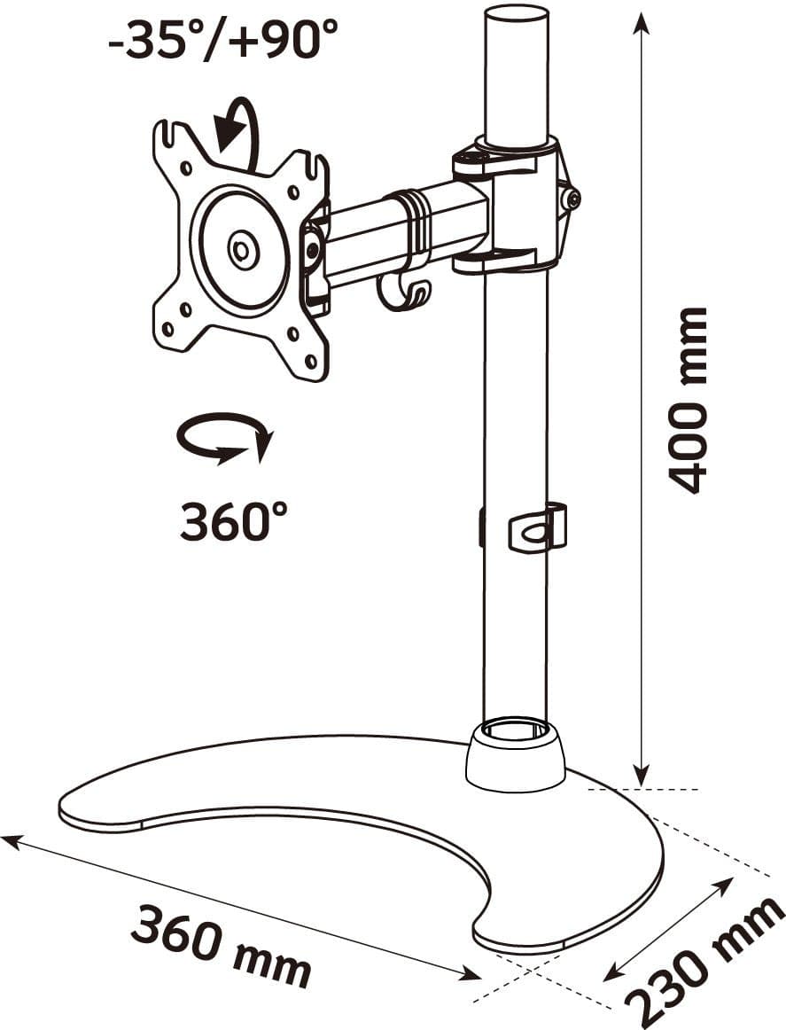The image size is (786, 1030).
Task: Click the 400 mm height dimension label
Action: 687,400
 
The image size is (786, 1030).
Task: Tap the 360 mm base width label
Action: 221,945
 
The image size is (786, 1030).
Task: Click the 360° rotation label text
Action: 234,521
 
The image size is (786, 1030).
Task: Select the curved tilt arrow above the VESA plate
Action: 237,131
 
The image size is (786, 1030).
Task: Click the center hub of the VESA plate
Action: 239,250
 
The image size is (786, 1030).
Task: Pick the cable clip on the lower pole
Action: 537,527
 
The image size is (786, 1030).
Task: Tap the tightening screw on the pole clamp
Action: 572,199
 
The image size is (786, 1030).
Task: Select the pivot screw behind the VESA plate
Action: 313,248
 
